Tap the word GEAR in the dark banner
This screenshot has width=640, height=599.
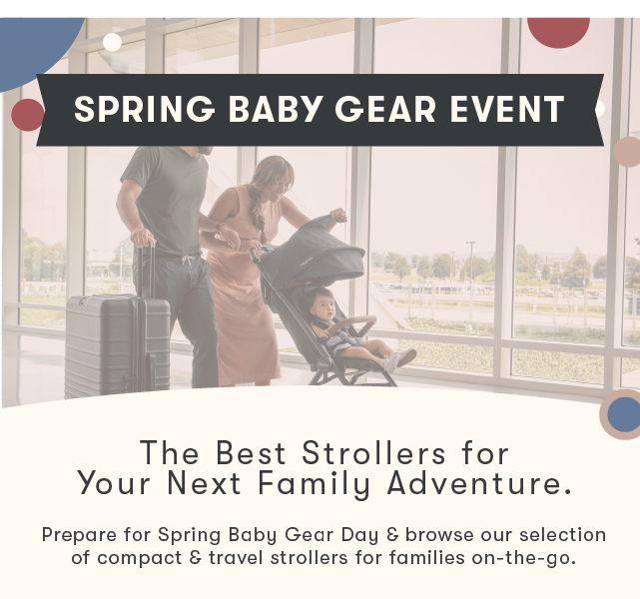[x=385, y=109]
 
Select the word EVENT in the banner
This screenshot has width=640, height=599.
[x=508, y=109]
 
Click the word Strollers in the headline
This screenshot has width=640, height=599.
[x=373, y=453]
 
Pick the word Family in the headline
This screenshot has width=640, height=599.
[x=315, y=484]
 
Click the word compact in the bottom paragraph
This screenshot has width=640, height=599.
[x=140, y=558]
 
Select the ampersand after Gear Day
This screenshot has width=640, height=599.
[x=392, y=534]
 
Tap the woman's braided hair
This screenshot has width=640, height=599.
[x=258, y=209]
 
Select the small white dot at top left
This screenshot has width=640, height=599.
[x=112, y=42]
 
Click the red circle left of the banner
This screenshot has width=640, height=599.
[x=28, y=115]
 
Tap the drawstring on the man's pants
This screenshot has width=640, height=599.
[x=188, y=260]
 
